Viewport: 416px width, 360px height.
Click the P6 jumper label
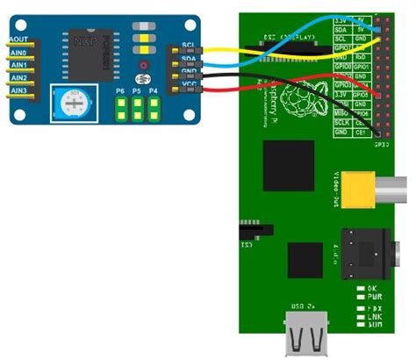point(120,90)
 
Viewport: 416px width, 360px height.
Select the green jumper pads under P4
point(154,109)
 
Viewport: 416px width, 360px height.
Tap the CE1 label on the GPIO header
point(362,134)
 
